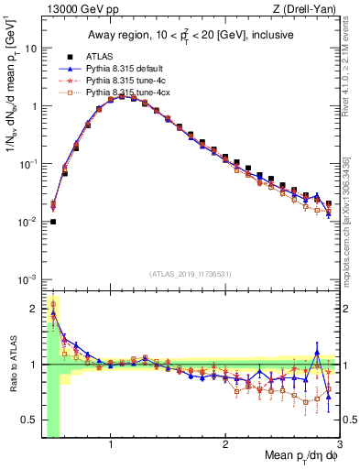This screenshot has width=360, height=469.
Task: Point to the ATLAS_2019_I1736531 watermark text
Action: (x=191, y=273)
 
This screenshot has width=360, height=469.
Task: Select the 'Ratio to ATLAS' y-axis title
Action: (x=13, y=365)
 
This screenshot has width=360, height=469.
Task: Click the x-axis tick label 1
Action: (x=111, y=444)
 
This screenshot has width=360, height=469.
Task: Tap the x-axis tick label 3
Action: (x=339, y=444)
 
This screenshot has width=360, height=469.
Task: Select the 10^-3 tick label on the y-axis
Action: (x=27, y=278)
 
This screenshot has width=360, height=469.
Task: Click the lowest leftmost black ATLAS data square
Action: (x=53, y=222)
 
